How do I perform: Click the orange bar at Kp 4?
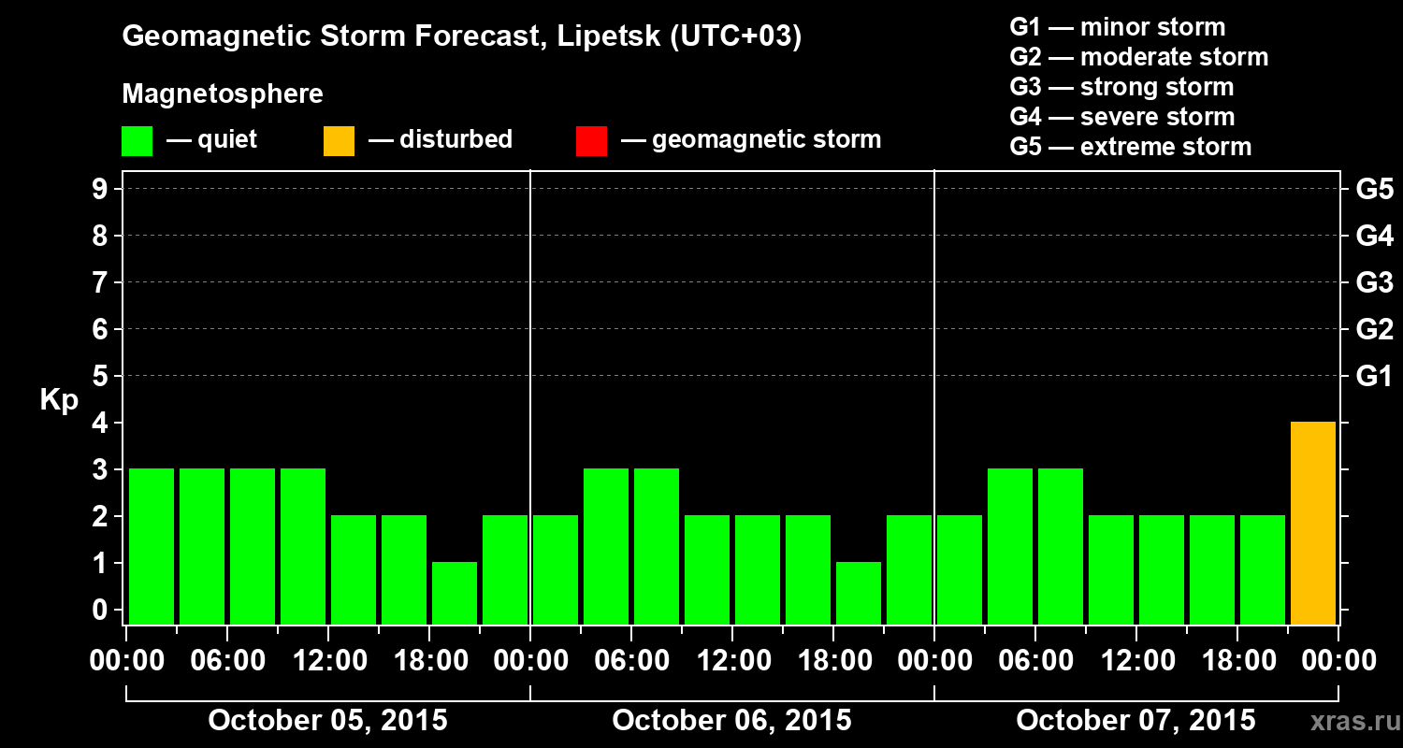click(x=1312, y=523)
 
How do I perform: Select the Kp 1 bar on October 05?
click(x=455, y=593)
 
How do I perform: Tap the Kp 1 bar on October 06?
click(x=859, y=593)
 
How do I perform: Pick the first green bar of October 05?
click(x=152, y=546)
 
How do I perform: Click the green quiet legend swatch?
click(x=137, y=141)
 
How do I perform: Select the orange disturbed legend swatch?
click(x=339, y=141)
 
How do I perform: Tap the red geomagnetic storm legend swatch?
click(x=591, y=141)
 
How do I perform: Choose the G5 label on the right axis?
click(x=1374, y=189)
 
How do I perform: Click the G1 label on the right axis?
click(x=1374, y=376)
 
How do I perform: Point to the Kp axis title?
click(x=59, y=400)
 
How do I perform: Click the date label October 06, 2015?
click(x=731, y=720)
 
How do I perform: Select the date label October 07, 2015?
click(x=1135, y=720)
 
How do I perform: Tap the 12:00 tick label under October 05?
click(x=329, y=661)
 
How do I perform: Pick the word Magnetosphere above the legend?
click(x=223, y=94)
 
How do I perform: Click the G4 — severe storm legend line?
click(x=1122, y=117)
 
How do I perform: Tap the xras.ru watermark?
click(x=1349, y=721)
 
